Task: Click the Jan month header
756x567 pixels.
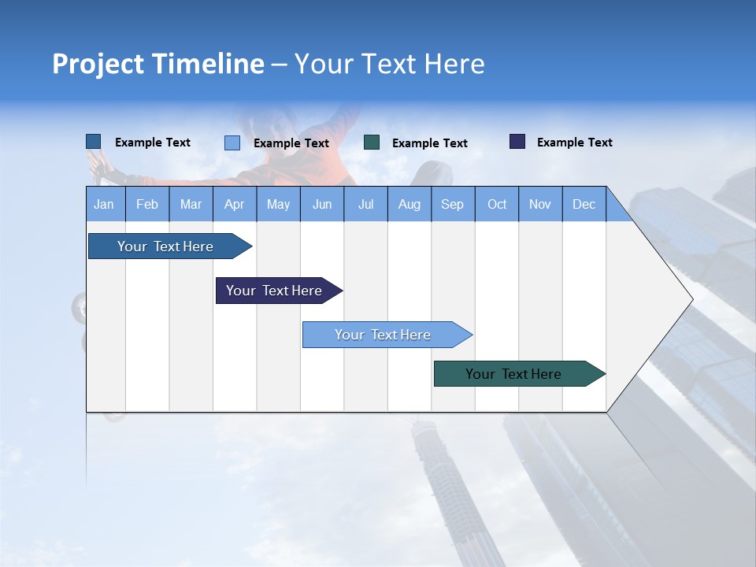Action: pyautogui.click(x=104, y=204)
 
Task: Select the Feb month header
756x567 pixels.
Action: pyautogui.click(x=147, y=204)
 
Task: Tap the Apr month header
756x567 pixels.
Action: pyautogui.click(x=234, y=204)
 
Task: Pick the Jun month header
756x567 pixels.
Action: pyautogui.click(x=322, y=204)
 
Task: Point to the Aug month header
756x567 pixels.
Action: pyautogui.click(x=409, y=204)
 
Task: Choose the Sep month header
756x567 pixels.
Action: pyautogui.click(x=452, y=204)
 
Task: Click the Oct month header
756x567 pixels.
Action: pyautogui.click(x=497, y=204)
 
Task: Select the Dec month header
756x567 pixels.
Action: pyautogui.click(x=584, y=204)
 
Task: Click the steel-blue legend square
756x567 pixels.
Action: pyautogui.click(x=94, y=142)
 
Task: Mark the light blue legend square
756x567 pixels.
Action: pyautogui.click(x=232, y=143)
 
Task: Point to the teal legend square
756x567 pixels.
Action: pyautogui.click(x=372, y=143)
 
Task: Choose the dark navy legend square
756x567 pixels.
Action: pyautogui.click(x=517, y=142)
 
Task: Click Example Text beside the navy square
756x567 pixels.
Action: pyautogui.click(x=574, y=143)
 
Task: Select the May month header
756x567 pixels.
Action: pyautogui.click(x=278, y=204)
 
